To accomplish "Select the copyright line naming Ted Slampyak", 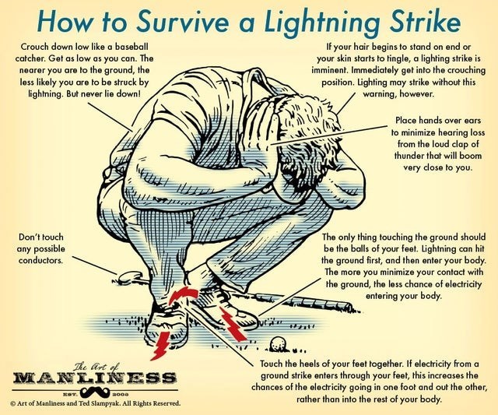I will (x=92, y=404).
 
